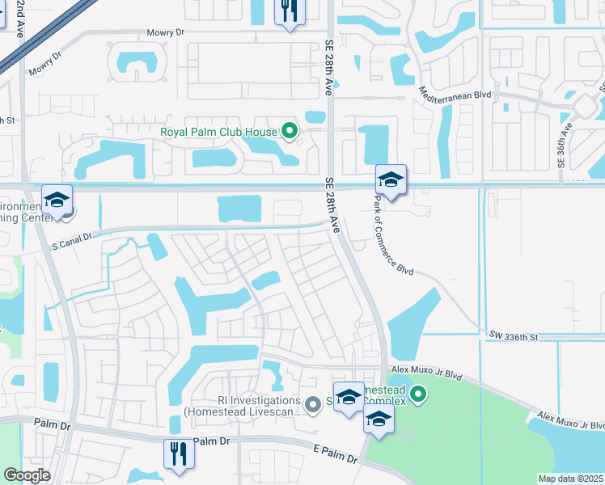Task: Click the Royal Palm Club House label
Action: [x=218, y=131]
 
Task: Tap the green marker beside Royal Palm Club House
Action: [x=289, y=131]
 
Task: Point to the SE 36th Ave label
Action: [x=565, y=145]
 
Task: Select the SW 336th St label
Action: [x=514, y=335]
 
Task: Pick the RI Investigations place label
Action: [x=241, y=405]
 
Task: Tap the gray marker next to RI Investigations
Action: [x=314, y=403]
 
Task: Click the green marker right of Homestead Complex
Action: [x=417, y=394]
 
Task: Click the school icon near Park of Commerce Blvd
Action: [x=391, y=180]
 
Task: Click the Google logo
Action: [x=27, y=475]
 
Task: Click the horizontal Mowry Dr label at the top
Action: [x=166, y=33]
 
